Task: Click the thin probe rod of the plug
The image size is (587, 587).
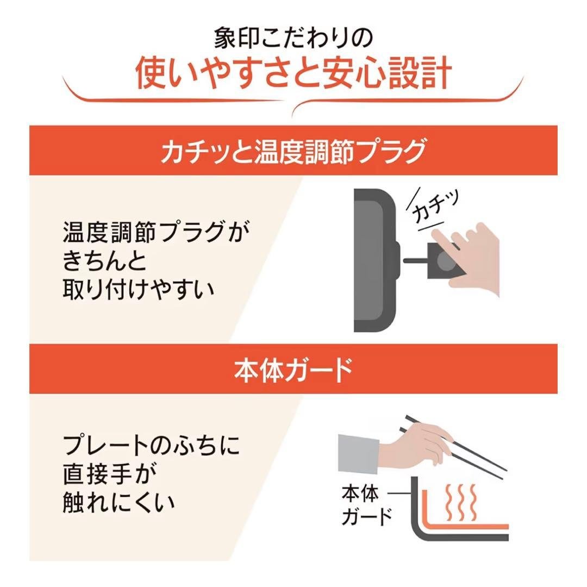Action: [x=415, y=261]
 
